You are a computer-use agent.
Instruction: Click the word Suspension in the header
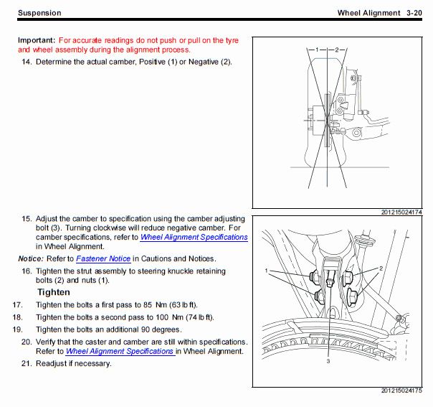pyautogui.click(x=39, y=13)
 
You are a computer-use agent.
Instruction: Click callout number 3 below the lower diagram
pyautogui.click(x=328, y=362)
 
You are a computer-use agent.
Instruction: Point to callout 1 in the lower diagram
pyautogui.click(x=267, y=271)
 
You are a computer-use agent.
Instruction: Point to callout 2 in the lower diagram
pyautogui.click(x=381, y=267)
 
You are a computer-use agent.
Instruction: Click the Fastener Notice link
pyautogui.click(x=103, y=258)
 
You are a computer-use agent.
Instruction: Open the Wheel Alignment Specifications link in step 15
pyautogui.click(x=194, y=237)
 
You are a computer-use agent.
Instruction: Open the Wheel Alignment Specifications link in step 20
pyautogui.click(x=120, y=352)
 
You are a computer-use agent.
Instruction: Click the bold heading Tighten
pyautogui.click(x=54, y=292)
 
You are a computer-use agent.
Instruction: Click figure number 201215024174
pyautogui.click(x=402, y=212)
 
